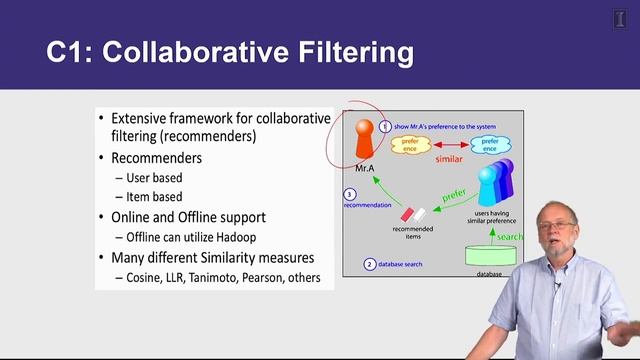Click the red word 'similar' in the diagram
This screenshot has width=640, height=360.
pyautogui.click(x=450, y=159)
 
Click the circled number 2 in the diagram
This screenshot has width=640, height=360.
pyautogui.click(x=369, y=265)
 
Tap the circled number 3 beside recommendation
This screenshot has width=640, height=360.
pyautogui.click(x=350, y=194)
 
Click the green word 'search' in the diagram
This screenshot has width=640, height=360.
pyautogui.click(x=510, y=237)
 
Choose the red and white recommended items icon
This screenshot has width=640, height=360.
pyautogui.click(x=413, y=213)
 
